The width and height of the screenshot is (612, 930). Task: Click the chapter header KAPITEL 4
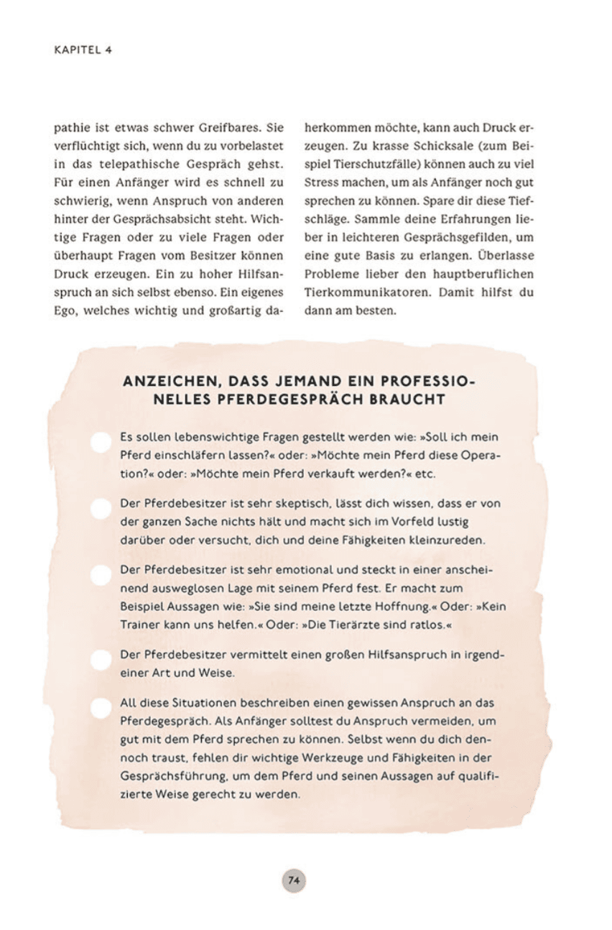83,51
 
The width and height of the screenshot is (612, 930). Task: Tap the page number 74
293,880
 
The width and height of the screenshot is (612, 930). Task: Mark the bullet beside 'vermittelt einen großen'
101,659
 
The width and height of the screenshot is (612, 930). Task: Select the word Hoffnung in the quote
407,607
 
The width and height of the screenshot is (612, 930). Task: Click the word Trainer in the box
140,625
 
